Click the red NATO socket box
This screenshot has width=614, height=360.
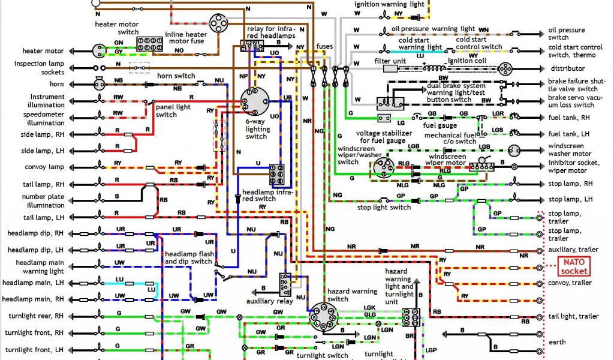pos(574,265)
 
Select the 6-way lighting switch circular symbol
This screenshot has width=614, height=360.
pos(257,101)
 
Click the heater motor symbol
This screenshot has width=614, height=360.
pos(98,51)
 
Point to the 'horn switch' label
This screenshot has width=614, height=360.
pos(176,76)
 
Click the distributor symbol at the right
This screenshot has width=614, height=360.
pos(505,68)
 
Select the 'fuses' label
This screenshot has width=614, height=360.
pos(324,46)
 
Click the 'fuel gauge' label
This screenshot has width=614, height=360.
pos(437,125)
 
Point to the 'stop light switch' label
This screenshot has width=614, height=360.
pos(384,208)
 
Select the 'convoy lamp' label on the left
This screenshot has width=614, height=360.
pos(40,167)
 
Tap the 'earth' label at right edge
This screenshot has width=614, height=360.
pos(556,343)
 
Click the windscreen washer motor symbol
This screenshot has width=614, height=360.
pos(514,151)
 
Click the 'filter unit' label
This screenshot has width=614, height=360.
pos(391,61)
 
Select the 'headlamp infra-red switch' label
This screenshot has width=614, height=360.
pos(267,196)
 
